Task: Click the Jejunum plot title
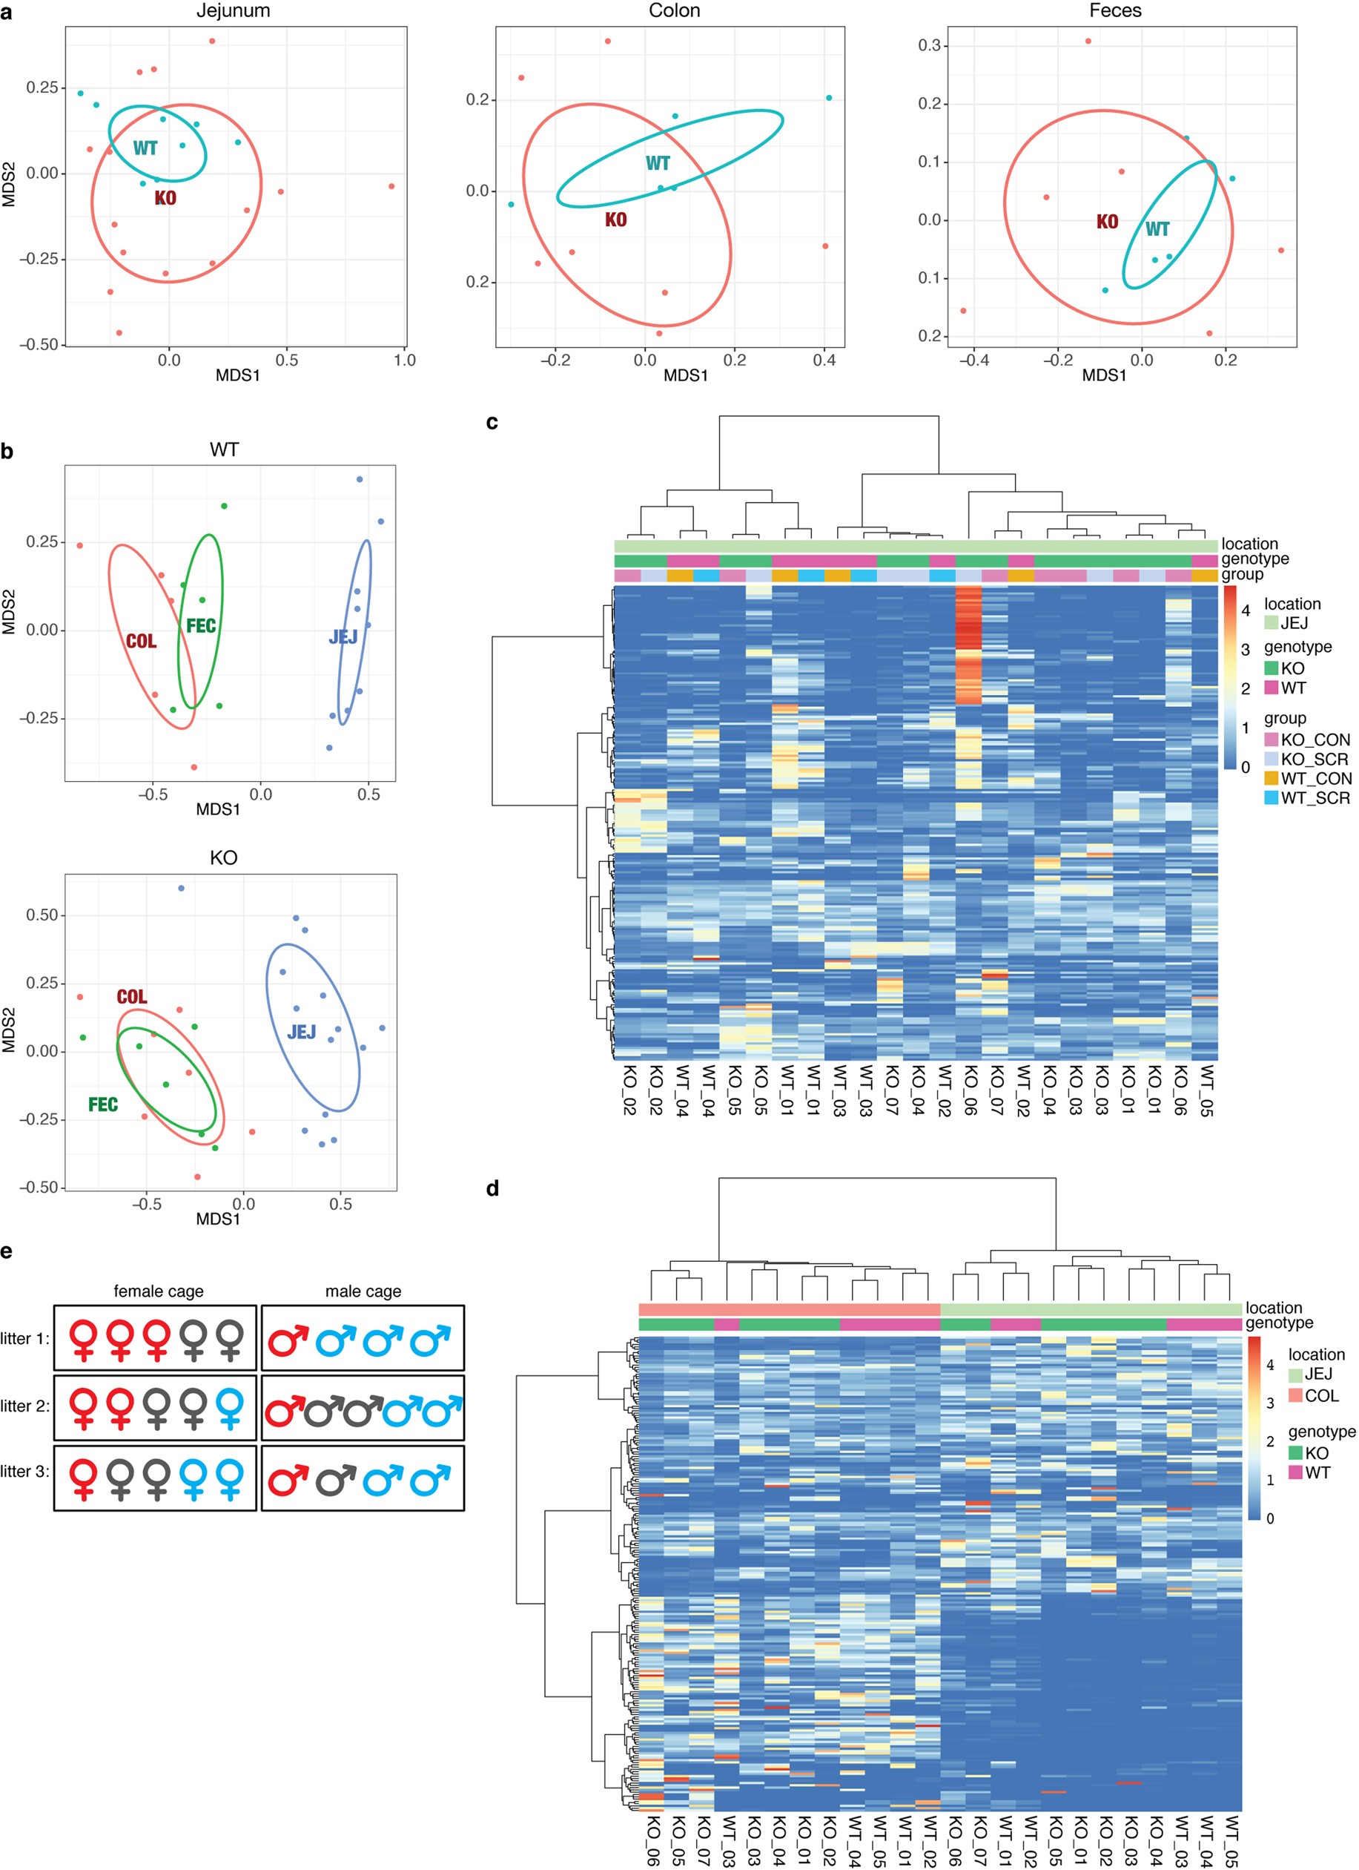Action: point(234,10)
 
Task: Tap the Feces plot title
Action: point(1115,10)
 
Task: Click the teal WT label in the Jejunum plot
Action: point(145,148)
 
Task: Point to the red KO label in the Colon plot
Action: point(615,220)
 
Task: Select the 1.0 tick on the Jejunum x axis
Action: point(405,360)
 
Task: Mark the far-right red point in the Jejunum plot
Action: point(391,186)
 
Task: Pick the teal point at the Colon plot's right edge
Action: point(829,98)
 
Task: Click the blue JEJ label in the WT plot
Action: point(343,636)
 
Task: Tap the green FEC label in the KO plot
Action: point(103,1104)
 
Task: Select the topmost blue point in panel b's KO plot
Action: point(182,888)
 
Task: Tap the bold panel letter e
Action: point(7,1252)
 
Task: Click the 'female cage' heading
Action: point(158,1291)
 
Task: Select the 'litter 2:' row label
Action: point(24,1406)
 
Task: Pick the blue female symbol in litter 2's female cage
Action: point(231,1409)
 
